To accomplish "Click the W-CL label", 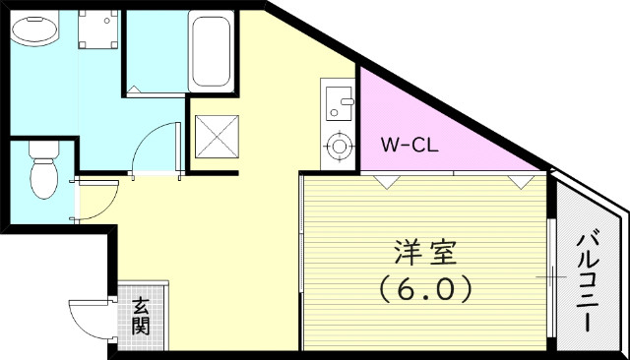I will tap(410, 146).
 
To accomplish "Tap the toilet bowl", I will tap(43, 179).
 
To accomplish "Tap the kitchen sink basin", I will tap(339, 101).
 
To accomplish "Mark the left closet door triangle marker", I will tap(388, 181).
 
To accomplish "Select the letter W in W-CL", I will tap(390, 146).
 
